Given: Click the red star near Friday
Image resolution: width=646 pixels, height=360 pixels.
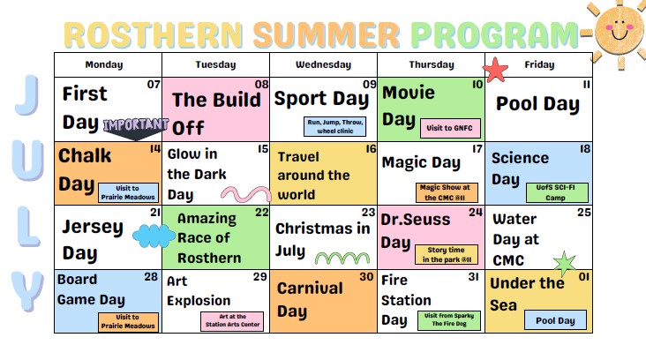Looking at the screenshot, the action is (495, 70).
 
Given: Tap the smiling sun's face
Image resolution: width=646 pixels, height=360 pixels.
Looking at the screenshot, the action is (619, 30).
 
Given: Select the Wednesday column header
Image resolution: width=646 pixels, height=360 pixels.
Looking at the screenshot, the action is (323, 64).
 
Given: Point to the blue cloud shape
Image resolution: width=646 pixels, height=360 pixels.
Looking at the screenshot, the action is (154, 236).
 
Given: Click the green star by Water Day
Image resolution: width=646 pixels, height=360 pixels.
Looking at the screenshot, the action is (565, 264).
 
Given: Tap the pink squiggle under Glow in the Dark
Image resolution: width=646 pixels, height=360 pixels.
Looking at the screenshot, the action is (246, 194).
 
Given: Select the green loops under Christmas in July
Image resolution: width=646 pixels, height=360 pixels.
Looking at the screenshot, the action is (342, 259).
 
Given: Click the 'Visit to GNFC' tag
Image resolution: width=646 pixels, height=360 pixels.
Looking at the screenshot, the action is (450, 128).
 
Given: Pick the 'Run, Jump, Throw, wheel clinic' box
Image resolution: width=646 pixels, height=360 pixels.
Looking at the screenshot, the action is (335, 126).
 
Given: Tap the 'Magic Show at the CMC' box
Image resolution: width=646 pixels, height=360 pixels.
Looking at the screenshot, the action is (447, 192).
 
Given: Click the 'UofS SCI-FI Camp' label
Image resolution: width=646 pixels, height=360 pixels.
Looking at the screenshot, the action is (557, 192).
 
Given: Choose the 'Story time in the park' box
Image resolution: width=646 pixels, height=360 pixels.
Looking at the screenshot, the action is (447, 254).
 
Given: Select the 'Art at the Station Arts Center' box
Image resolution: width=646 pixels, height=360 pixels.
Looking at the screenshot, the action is (232, 321).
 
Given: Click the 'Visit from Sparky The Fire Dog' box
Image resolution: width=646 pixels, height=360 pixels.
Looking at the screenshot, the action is (449, 320).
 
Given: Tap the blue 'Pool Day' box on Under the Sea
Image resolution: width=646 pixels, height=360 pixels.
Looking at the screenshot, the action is (555, 320).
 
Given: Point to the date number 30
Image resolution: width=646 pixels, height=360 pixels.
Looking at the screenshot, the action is (366, 277).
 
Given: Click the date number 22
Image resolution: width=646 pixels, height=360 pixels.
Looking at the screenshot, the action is (261, 212).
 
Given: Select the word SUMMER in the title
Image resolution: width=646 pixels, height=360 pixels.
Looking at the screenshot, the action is (327, 34).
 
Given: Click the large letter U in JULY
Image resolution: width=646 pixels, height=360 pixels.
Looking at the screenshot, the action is (28, 161).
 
